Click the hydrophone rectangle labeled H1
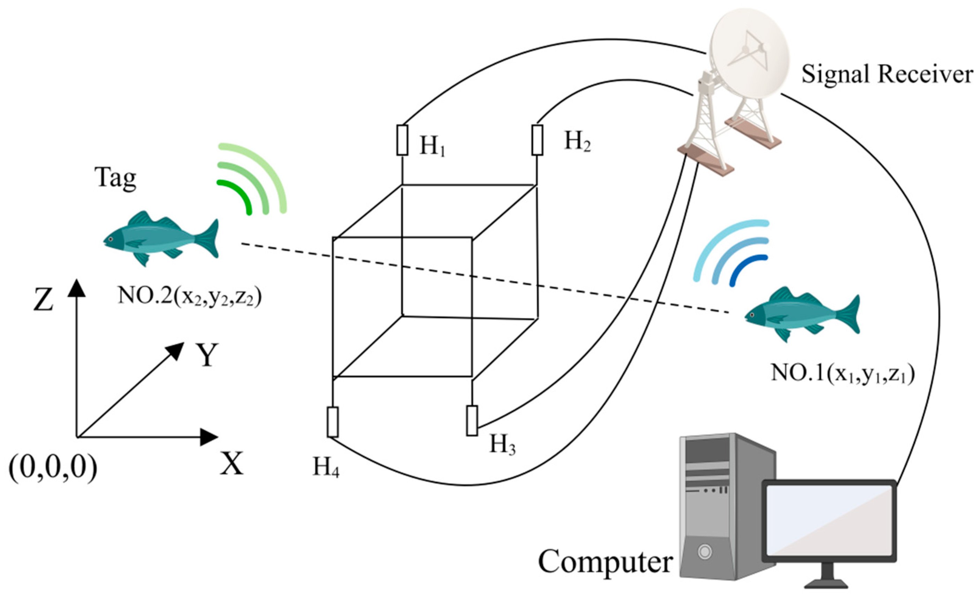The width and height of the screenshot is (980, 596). pos(402,140)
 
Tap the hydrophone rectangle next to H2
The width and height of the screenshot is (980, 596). pos(537,140)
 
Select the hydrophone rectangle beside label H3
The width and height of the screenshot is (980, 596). pos(472,421)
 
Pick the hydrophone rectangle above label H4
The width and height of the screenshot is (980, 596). pos(332,422)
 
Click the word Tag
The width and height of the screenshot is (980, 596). pos(115,178)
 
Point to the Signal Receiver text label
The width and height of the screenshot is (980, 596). pos(887,74)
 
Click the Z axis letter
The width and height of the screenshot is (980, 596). pos(43,299)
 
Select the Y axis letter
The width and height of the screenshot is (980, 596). pos(207,354)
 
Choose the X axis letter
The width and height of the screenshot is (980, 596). pos(231,464)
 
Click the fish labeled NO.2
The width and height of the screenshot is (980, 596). pos(159,239)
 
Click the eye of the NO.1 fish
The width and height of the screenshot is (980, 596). pos(752,315)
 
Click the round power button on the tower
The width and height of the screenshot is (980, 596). pos(704,552)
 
